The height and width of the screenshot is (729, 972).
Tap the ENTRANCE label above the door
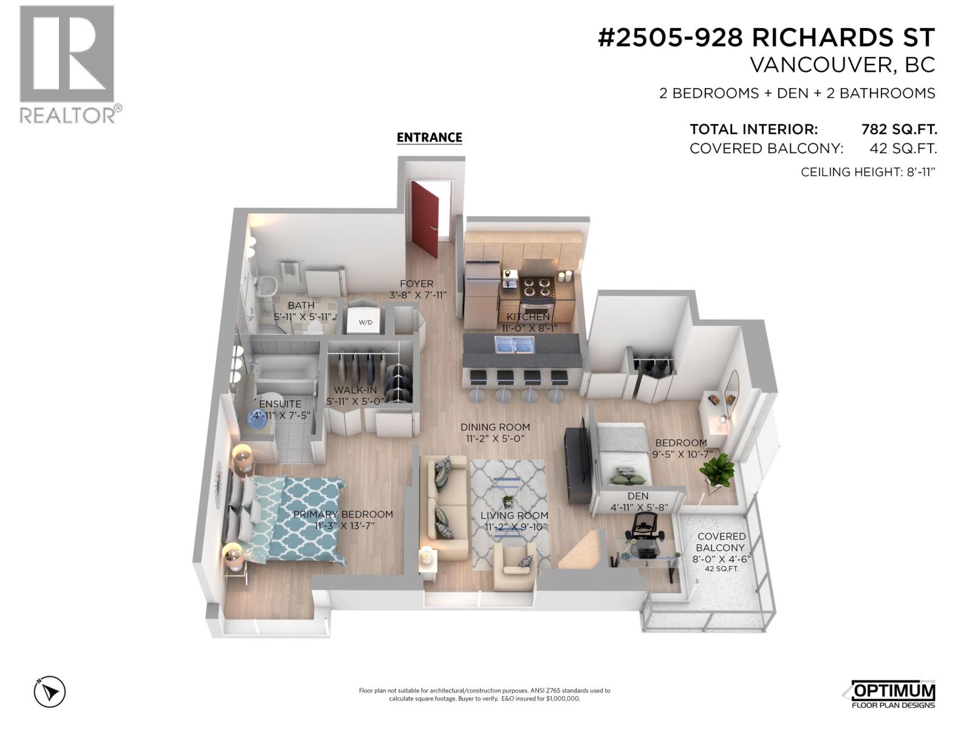click(429, 138)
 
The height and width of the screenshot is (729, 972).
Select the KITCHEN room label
click(528, 317)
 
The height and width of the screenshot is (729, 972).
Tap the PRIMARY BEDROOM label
click(343, 514)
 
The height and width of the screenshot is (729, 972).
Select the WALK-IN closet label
click(355, 390)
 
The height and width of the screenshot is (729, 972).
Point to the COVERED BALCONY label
click(721, 542)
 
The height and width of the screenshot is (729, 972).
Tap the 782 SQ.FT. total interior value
click(898, 129)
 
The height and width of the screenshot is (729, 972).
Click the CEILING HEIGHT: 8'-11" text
click(867, 172)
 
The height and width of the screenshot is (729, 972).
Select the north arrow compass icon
click(50, 692)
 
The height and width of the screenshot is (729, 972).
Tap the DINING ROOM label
click(495, 427)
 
